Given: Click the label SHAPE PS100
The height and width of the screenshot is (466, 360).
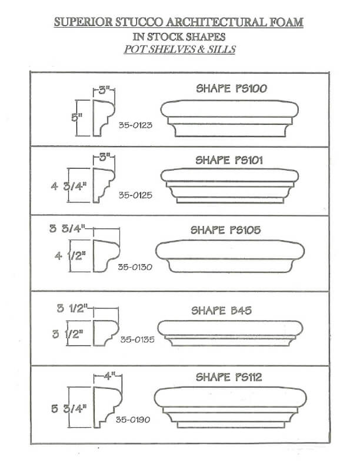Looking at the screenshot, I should (x=232, y=89).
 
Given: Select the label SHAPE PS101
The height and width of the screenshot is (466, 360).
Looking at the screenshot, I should (x=231, y=160).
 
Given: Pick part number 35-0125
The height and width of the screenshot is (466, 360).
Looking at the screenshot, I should (x=135, y=195).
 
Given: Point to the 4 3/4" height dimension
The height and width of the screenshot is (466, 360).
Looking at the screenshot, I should (x=65, y=188).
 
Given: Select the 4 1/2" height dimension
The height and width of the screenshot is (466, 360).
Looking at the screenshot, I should (x=69, y=257).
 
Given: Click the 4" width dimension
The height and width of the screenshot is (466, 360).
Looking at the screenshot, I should (x=108, y=374).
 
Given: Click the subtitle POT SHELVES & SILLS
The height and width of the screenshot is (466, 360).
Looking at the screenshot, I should (x=179, y=49).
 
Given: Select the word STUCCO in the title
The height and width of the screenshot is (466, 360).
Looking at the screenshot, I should (x=133, y=22).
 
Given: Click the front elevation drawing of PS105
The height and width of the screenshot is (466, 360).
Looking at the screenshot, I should (x=229, y=257).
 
